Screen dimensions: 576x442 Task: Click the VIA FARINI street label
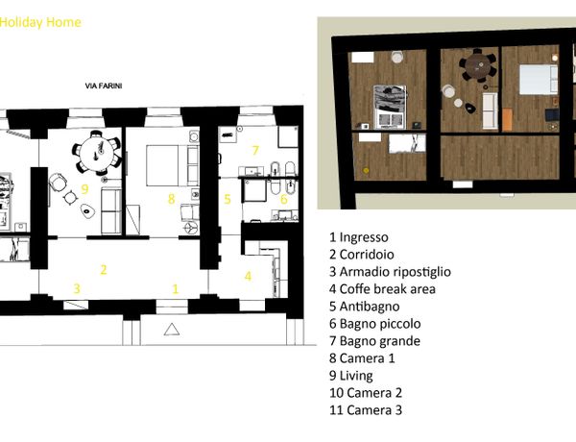click(x=104, y=86)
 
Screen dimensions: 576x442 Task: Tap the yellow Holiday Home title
click(x=40, y=22)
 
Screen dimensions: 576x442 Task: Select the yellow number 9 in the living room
click(x=84, y=189)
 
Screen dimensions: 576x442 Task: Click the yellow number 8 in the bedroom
click(x=171, y=199)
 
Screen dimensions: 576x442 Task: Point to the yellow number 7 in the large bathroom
click(x=255, y=150)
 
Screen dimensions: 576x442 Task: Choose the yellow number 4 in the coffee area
click(x=248, y=276)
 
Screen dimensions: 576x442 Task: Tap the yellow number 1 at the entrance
click(x=176, y=289)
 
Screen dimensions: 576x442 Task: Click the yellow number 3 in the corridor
click(x=77, y=288)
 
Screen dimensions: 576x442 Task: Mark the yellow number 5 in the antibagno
click(x=228, y=199)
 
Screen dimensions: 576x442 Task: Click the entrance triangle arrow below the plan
click(x=172, y=330)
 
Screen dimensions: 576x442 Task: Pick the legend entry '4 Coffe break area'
click(x=382, y=289)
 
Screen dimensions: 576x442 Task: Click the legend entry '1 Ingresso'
click(x=358, y=237)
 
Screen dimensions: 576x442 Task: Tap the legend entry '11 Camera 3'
click(x=366, y=410)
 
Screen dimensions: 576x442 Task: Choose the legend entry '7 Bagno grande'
click(x=374, y=341)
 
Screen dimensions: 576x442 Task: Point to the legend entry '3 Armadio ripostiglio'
click(x=390, y=272)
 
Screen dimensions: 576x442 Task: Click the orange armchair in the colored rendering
click(x=507, y=119)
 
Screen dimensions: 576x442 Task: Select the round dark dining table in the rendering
click(x=477, y=66)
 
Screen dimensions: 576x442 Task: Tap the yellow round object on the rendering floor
click(x=366, y=170)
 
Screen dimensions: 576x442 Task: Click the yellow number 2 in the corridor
click(x=104, y=270)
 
